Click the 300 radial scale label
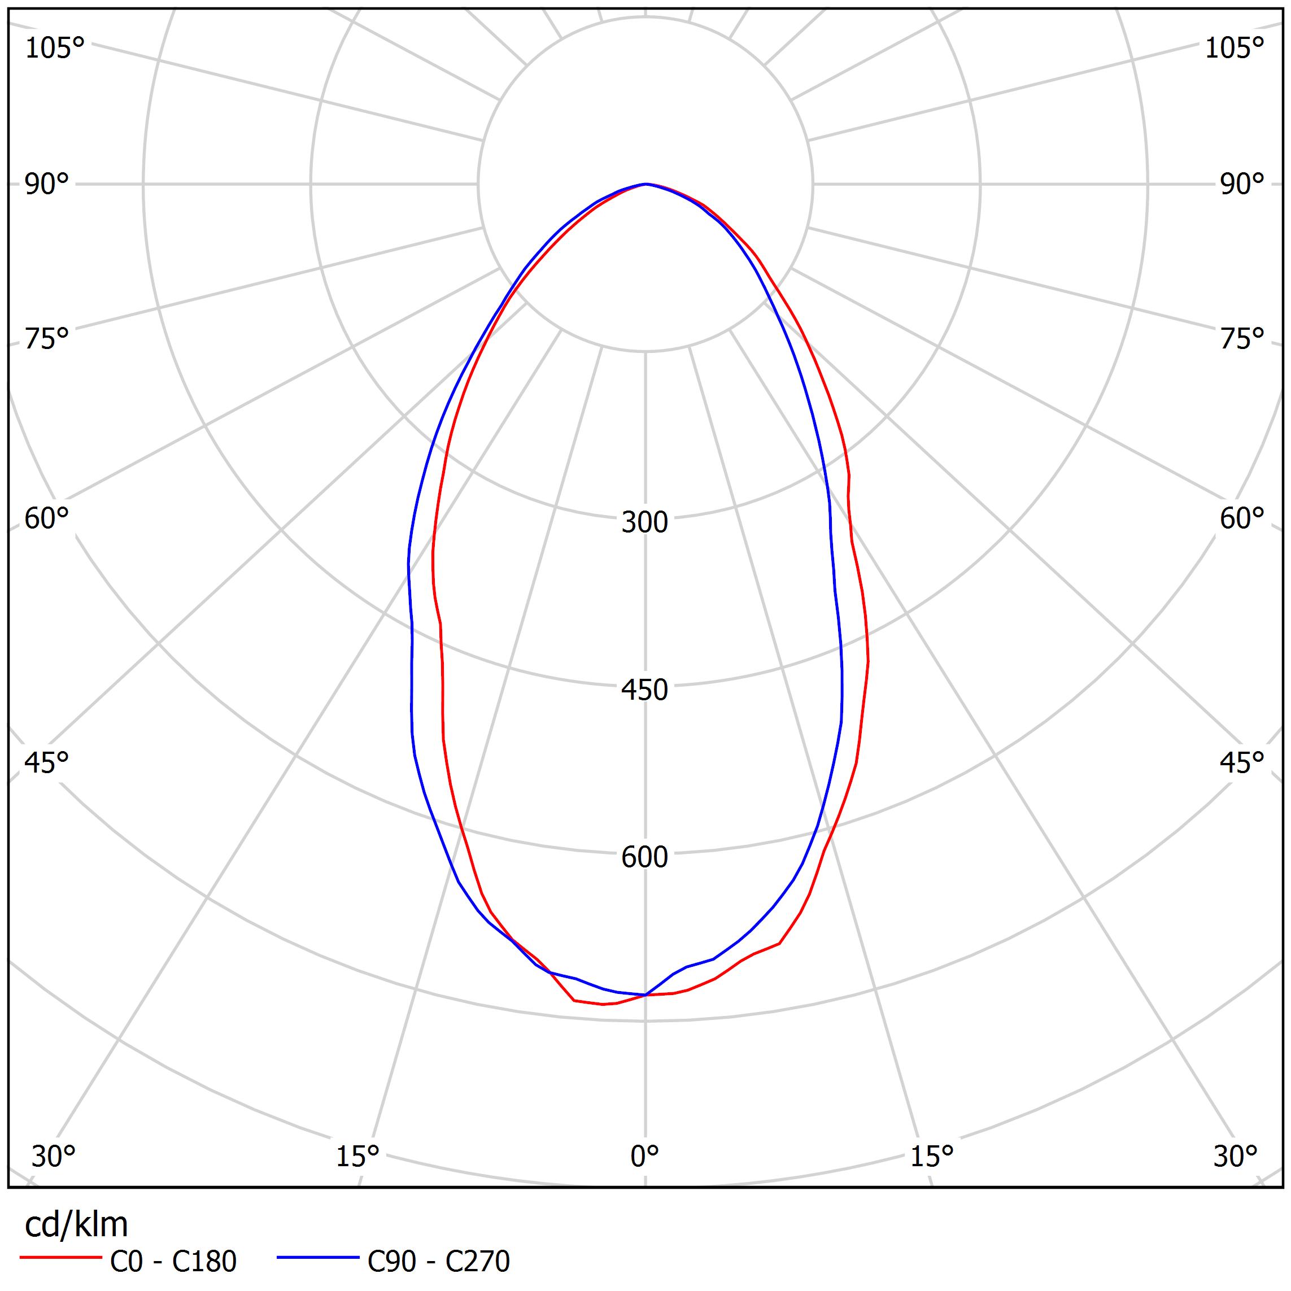tap(644, 522)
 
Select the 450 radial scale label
tap(644, 690)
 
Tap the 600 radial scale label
tap(644, 857)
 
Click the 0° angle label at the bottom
tap(644, 1155)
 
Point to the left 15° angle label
tap(357, 1155)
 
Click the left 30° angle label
tap(54, 1155)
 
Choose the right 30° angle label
tap(1236, 1155)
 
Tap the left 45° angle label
tap(47, 762)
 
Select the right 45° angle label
tap(1241, 762)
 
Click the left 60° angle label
tap(47, 518)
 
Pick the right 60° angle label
tap(1241, 518)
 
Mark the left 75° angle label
tap(47, 339)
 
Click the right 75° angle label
tap(1241, 339)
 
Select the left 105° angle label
tap(55, 48)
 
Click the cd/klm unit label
tap(76, 1225)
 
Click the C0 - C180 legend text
tap(173, 1261)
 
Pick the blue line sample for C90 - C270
tap(318, 1258)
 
